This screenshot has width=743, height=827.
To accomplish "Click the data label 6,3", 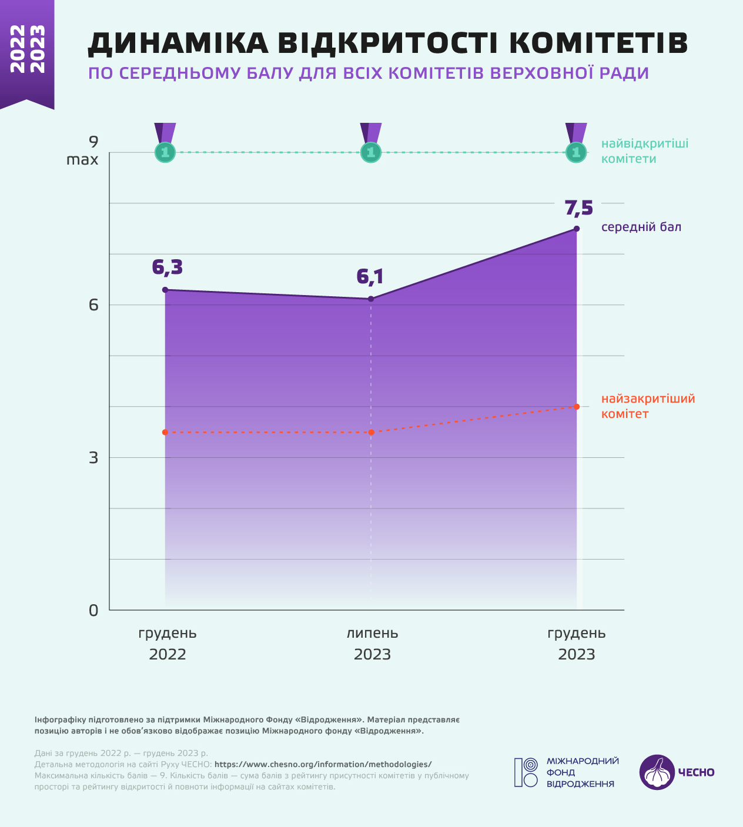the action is pyautogui.click(x=168, y=268).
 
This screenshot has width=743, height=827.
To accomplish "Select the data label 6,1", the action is pyautogui.click(x=370, y=277).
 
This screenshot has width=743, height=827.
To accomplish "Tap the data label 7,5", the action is pyautogui.click(x=579, y=208).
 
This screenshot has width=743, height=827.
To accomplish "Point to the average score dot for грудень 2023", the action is pyautogui.click(x=577, y=229).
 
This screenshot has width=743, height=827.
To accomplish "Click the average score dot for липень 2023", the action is pyautogui.click(x=371, y=299).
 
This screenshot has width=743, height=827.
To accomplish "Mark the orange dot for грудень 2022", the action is pyautogui.click(x=165, y=432).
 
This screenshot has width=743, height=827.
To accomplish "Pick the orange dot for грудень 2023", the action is pyautogui.click(x=577, y=407).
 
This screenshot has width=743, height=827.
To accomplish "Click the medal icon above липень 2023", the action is pyautogui.click(x=371, y=143).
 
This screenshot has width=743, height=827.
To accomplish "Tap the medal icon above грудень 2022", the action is pyautogui.click(x=165, y=143).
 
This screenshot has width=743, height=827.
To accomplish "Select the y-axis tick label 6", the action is pyautogui.click(x=93, y=305).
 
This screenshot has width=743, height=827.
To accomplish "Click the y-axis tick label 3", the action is pyautogui.click(x=93, y=458).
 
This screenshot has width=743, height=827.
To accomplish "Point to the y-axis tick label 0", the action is pyautogui.click(x=93, y=610).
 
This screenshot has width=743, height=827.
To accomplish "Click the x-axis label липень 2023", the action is pyautogui.click(x=372, y=644).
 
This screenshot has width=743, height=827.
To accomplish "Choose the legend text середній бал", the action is pyautogui.click(x=641, y=227).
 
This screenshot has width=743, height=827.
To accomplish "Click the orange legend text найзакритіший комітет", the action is pyautogui.click(x=648, y=406).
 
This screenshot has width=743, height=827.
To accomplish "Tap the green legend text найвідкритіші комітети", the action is pyautogui.click(x=645, y=151).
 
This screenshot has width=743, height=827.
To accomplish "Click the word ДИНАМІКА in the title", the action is pyautogui.click(x=178, y=43).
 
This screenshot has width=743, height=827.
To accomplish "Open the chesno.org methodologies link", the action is pyautogui.click(x=323, y=764).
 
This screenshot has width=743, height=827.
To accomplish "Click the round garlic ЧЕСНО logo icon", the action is pyautogui.click(x=657, y=772).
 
